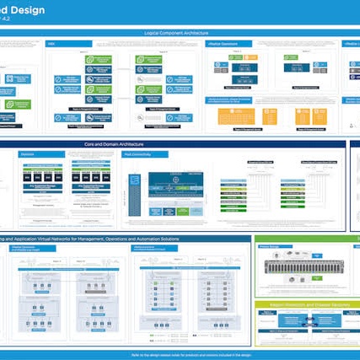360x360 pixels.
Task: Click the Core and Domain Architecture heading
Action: coord(180,144)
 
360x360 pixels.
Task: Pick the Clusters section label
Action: coord(27,154)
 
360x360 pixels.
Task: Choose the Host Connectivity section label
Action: coord(137,154)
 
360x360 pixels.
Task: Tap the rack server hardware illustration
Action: coord(304,267)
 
